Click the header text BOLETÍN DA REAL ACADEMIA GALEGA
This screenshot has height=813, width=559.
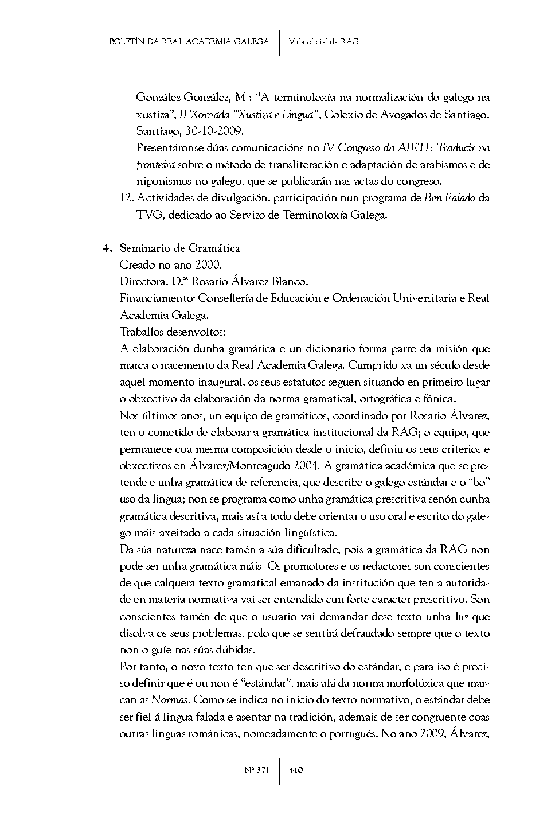(x=189, y=42)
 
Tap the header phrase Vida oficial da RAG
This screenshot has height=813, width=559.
(x=324, y=42)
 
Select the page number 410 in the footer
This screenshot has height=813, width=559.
(x=296, y=770)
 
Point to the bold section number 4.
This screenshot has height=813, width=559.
(x=106, y=248)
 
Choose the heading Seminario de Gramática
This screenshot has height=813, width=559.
(x=179, y=248)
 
